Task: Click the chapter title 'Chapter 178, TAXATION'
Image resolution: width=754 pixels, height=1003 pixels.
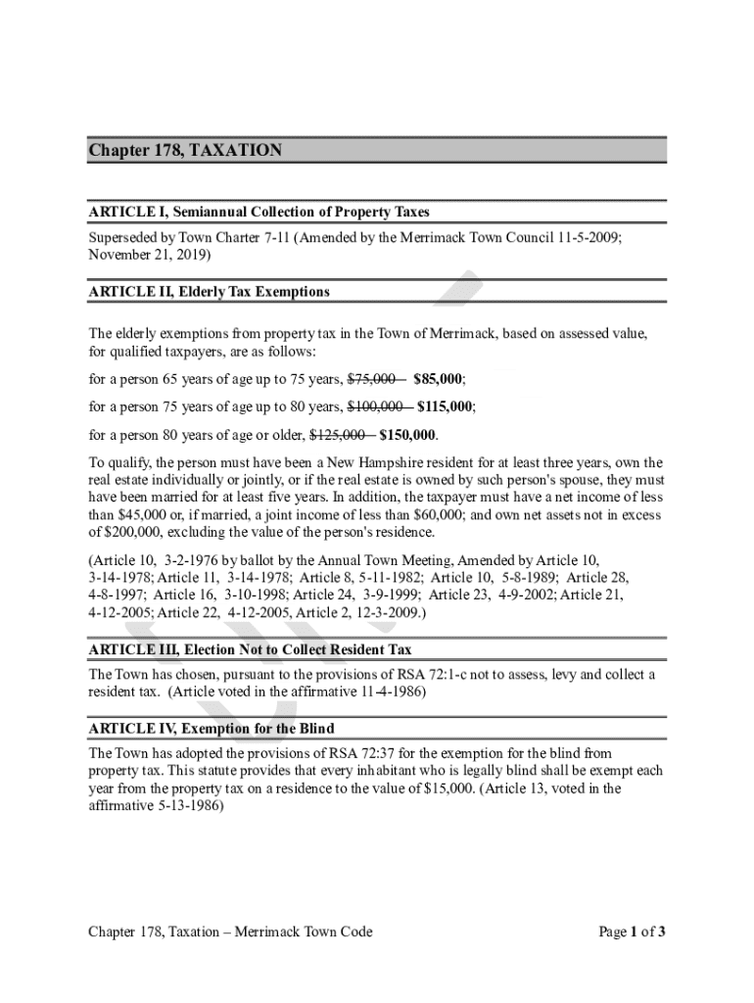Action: (185, 150)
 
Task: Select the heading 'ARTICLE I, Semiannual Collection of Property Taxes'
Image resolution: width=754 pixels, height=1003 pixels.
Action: (259, 212)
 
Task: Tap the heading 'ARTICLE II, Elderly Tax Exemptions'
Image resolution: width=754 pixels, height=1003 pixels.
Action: (210, 292)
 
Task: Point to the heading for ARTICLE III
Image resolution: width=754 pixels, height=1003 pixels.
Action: (250, 649)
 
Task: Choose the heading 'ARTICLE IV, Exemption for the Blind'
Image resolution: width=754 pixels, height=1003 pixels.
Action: (212, 730)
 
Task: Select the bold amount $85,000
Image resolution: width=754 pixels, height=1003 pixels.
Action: (438, 379)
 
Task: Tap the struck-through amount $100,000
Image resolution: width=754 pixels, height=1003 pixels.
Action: (377, 406)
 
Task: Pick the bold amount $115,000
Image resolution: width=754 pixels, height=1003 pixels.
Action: (446, 406)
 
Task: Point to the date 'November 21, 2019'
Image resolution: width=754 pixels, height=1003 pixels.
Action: (147, 254)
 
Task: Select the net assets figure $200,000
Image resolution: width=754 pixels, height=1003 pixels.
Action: (125, 533)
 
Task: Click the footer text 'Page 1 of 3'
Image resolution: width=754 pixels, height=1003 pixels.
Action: (633, 931)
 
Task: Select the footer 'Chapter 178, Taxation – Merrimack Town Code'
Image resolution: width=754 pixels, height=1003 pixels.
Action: (230, 931)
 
